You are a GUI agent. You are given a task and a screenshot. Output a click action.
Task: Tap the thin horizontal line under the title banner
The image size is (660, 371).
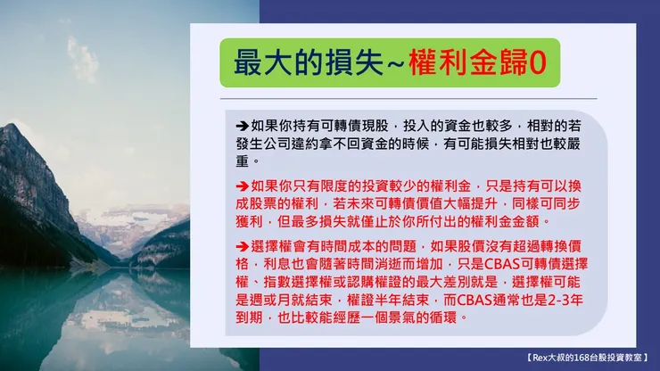coord(393,98)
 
